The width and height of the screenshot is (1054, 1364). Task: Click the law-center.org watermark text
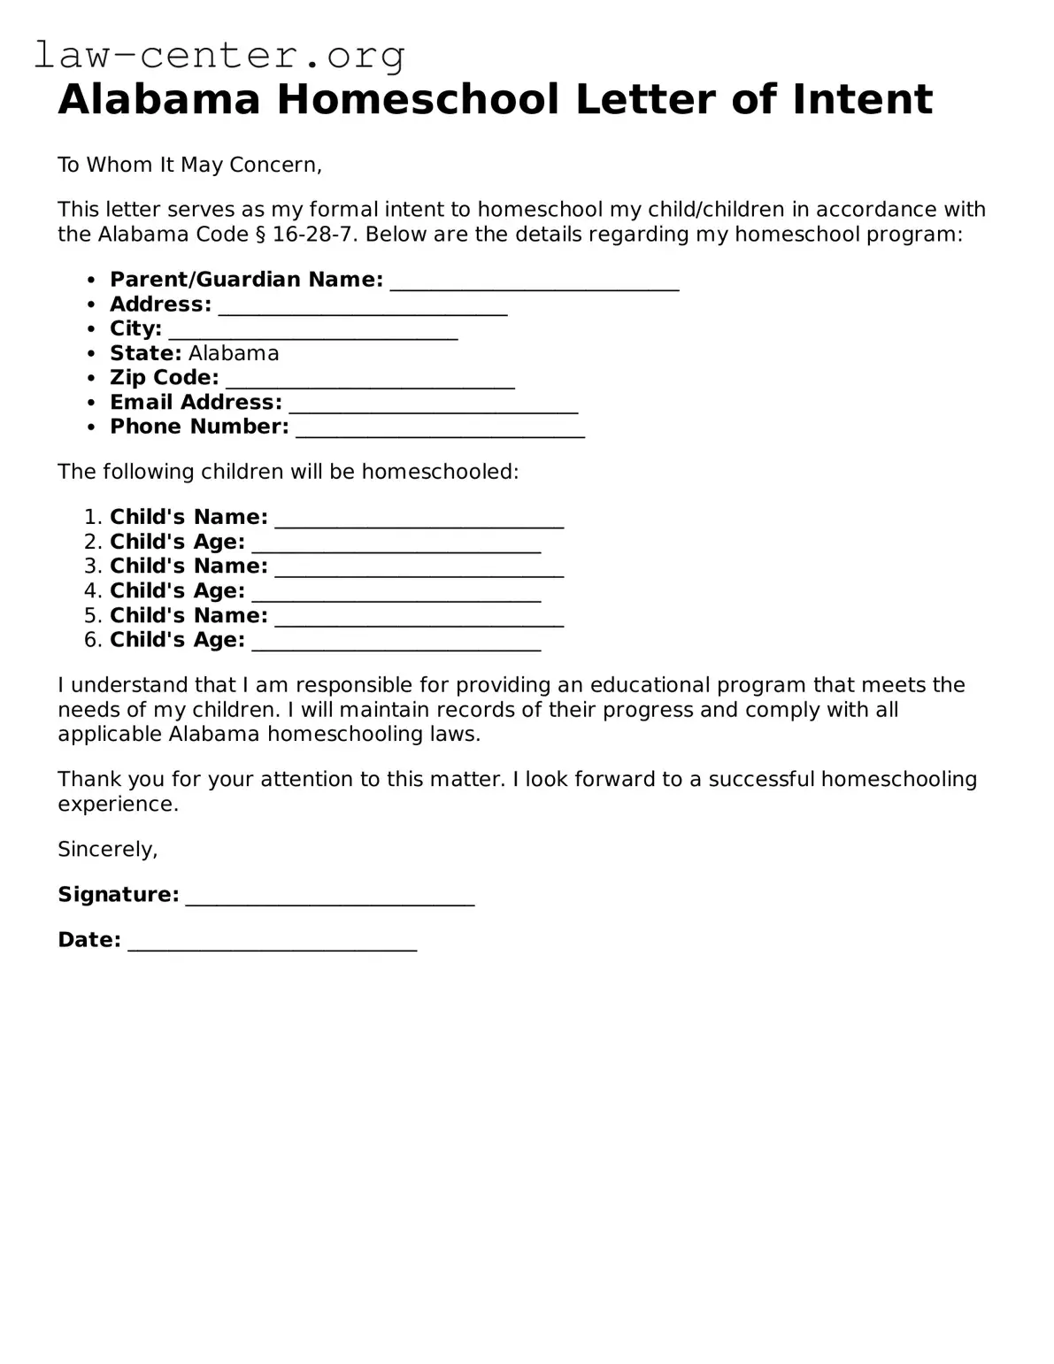[x=219, y=55]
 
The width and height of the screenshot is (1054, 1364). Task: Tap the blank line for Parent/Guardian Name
[x=535, y=281]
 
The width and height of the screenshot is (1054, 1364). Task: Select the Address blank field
[x=363, y=306]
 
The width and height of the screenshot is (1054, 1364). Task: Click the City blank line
[x=312, y=331]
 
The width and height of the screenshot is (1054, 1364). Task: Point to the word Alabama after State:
[x=234, y=354]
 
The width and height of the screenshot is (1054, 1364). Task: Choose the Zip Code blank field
[x=370, y=380]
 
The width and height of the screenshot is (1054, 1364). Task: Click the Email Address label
[x=196, y=403]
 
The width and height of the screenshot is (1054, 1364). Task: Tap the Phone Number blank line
[x=440, y=428]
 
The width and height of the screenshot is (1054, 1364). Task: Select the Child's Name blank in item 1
[x=419, y=519]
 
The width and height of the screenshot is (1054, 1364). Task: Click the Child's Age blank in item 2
[x=396, y=543]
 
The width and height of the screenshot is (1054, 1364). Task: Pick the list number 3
[x=93, y=566]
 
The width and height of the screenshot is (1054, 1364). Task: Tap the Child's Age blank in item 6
[x=396, y=642]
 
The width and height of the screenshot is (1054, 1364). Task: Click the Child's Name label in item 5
[x=188, y=616]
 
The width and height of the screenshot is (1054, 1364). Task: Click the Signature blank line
[x=330, y=897]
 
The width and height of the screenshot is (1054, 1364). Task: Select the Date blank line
[x=272, y=942]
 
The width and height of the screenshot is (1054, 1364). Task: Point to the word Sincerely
[x=107, y=850]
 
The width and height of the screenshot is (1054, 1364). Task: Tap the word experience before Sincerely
[x=118, y=805]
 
